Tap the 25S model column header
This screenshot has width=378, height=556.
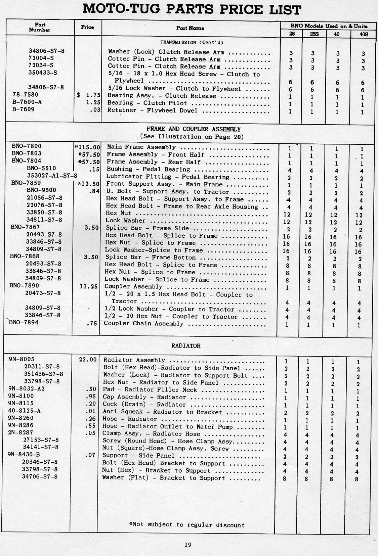[314, 34]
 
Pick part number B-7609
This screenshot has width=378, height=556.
[24, 109]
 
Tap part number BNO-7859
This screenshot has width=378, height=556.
[26, 183]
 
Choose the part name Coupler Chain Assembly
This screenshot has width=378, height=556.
[143, 323]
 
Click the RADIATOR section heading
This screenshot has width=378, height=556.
[186, 345]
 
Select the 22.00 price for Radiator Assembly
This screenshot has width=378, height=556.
[88, 360]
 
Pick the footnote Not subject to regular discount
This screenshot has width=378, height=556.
[187, 524]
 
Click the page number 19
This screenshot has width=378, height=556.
[188, 545]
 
